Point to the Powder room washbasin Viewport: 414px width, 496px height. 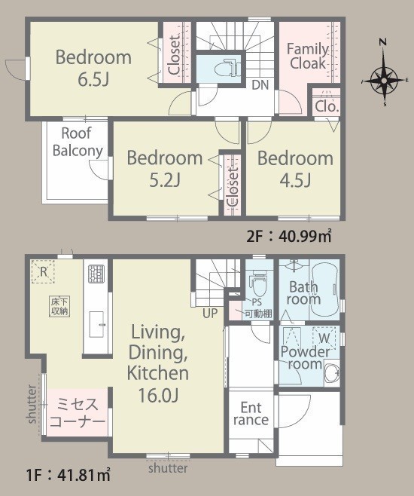332,372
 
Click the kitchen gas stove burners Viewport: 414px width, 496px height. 96,274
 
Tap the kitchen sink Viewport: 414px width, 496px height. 96,324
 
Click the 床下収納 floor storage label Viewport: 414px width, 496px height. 59,306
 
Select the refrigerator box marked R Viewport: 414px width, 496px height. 43,271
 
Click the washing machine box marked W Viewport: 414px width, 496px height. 324,338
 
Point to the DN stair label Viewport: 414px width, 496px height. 260,84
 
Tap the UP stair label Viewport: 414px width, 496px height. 210,313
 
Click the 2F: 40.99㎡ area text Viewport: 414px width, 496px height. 289,236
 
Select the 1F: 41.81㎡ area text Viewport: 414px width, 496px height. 68,475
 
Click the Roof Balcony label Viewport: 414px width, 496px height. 78,142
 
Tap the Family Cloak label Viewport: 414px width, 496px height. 308,56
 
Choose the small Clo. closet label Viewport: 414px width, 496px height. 327,106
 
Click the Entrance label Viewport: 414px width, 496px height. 251,414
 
